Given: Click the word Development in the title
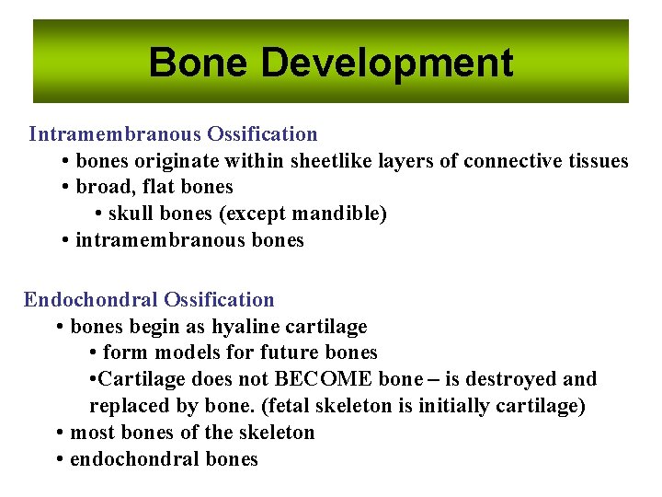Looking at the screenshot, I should coord(386,64).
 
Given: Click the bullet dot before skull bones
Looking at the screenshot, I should coord(98,214).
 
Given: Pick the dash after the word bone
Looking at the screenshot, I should coord(419,380).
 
